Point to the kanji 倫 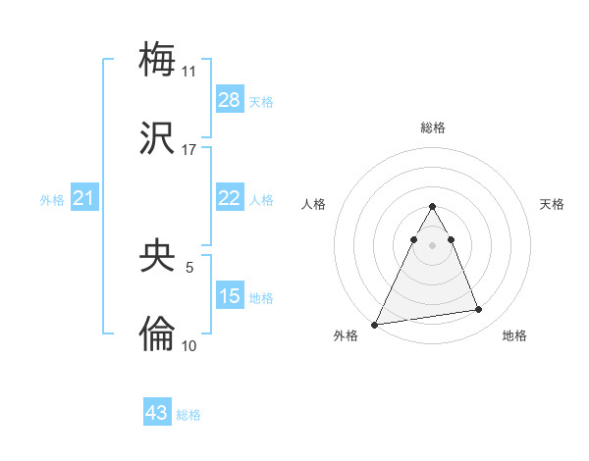158,333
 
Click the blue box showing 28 229,99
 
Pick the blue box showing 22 229,198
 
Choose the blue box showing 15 229,295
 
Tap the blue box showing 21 84,198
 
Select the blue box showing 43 157,413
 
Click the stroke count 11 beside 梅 188,72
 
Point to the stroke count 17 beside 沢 188,150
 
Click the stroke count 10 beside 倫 188,345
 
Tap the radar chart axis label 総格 432,128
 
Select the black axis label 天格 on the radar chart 552,204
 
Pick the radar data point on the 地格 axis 479,310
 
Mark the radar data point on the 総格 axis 432,206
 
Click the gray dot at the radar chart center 432,245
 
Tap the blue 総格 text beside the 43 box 188,415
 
